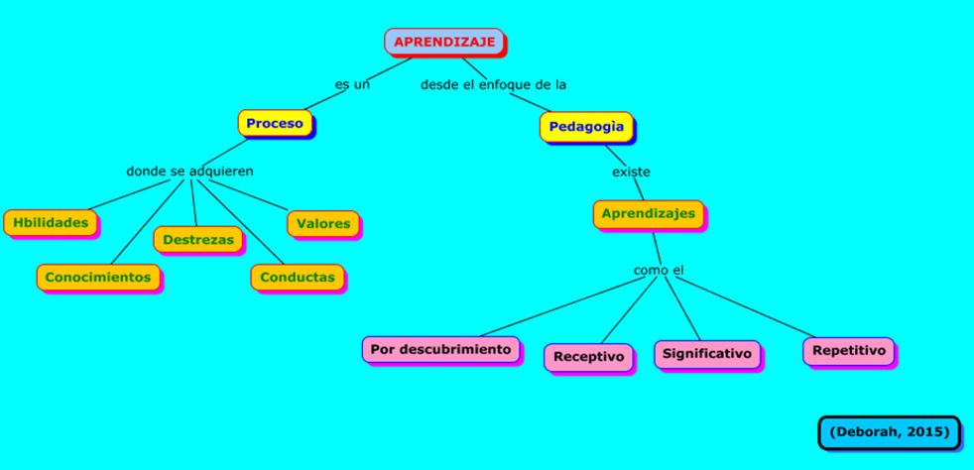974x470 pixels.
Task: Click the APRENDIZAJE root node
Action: tap(443, 42)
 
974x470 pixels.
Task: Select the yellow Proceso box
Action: tap(275, 124)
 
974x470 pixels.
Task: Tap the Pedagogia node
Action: tap(586, 127)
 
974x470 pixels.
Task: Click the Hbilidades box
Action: tap(51, 222)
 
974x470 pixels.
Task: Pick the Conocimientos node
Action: tap(98, 277)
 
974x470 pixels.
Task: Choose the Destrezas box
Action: tap(197, 239)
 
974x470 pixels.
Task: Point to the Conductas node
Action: tap(297, 277)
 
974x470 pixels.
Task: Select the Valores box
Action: tap(323, 223)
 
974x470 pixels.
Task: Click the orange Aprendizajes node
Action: tap(648, 214)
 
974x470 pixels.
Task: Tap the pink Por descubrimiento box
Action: tap(440, 349)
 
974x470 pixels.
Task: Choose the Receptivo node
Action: tap(588, 356)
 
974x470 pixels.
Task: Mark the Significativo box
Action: tap(707, 353)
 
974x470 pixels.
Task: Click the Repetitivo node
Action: tap(848, 350)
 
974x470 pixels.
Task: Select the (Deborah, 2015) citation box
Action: tap(889, 432)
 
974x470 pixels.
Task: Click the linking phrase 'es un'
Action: tap(352, 84)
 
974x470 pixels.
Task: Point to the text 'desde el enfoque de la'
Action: tap(493, 84)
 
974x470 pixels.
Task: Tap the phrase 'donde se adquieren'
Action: tap(189, 171)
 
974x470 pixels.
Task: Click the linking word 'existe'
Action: tap(631, 172)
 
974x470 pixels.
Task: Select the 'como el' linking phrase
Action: tap(659, 270)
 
